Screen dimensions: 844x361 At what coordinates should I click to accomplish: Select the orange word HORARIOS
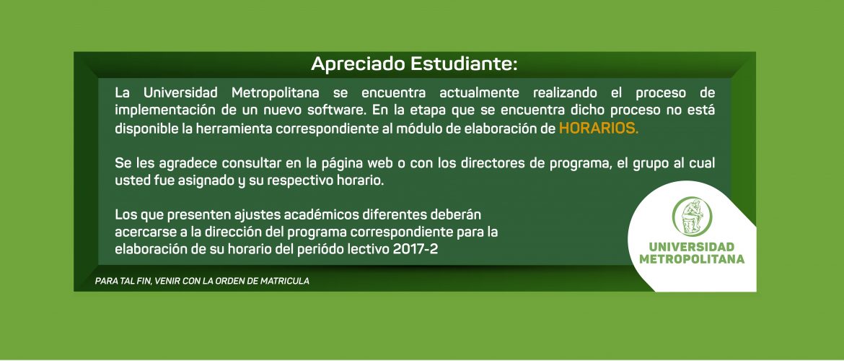click(599, 129)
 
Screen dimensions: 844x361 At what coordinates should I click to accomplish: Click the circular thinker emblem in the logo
click(692, 217)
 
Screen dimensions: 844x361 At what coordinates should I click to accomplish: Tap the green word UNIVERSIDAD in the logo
click(692, 247)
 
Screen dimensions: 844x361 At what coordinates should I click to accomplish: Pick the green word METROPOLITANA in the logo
click(692, 259)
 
